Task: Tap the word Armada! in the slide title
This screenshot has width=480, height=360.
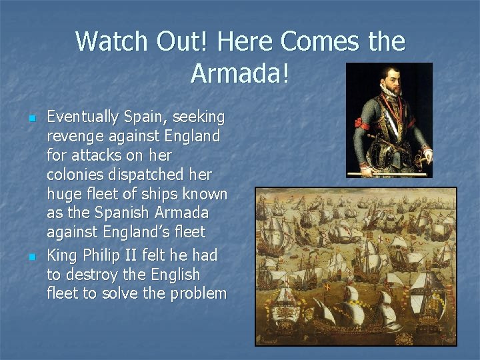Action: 240,73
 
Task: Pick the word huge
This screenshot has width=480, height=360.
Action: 64,194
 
